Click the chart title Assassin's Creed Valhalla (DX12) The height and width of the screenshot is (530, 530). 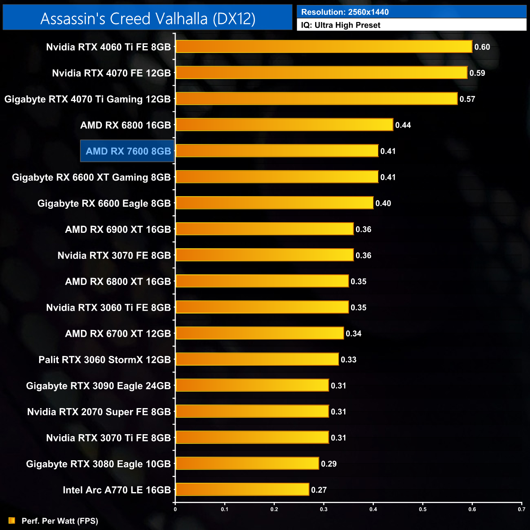(148, 19)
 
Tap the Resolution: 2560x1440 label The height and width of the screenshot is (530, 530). (345, 12)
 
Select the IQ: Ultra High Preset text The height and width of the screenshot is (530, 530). (340, 25)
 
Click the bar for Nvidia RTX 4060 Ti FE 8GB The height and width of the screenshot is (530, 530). (324, 46)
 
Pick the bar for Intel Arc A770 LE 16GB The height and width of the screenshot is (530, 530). (242, 489)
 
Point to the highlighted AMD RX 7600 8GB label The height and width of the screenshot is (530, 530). (128, 151)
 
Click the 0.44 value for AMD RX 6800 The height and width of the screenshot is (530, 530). (403, 125)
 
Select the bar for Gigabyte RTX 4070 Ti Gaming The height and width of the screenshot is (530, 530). (316, 99)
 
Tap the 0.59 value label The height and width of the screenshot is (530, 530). (477, 73)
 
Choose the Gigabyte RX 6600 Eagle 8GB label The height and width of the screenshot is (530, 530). (104, 203)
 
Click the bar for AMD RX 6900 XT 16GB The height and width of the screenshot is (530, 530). (264, 229)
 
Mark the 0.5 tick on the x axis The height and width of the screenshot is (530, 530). (423, 509)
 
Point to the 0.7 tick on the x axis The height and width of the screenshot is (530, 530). (521, 509)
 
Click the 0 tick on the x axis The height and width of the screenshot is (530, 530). (175, 509)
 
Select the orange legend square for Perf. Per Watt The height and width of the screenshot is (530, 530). (12, 521)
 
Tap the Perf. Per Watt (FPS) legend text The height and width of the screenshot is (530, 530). (60, 521)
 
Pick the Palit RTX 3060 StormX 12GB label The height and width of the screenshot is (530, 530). (104, 360)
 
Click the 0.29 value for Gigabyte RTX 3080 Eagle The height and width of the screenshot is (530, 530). (329, 464)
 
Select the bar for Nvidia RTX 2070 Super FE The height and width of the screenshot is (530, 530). (252, 411)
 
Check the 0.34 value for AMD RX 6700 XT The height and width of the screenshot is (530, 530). (353, 333)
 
